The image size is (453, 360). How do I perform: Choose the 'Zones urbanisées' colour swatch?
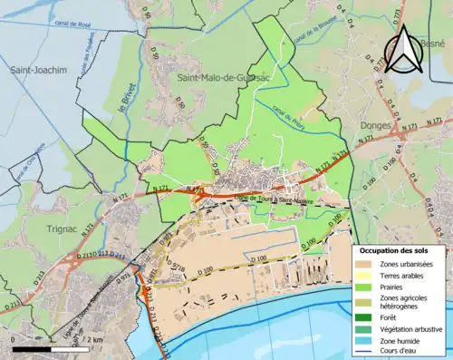tap(369, 264)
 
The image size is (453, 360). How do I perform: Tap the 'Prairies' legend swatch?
tap(369, 287)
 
